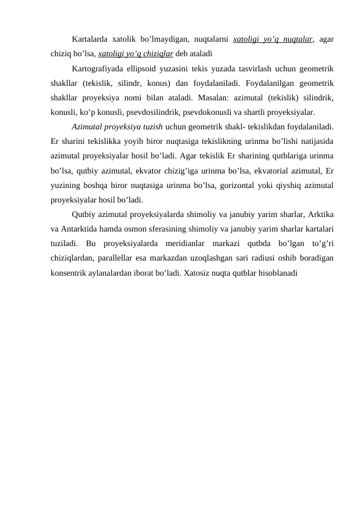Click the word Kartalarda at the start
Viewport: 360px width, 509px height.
(x=89, y=39)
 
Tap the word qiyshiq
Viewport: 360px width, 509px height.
(x=289, y=184)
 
